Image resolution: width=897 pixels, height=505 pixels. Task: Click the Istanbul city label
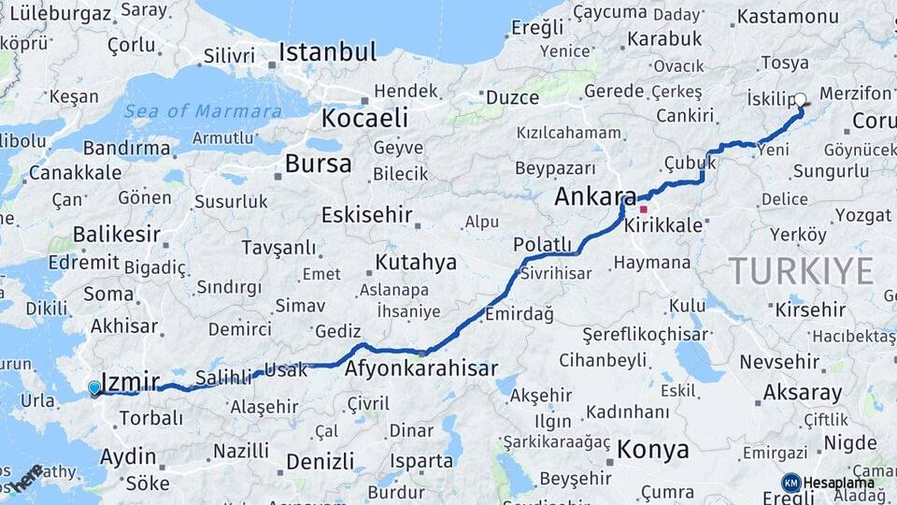pyautogui.click(x=327, y=52)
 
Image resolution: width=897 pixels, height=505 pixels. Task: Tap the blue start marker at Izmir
pyautogui.click(x=94, y=388)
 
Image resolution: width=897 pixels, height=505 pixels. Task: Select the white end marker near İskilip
pyautogui.click(x=800, y=98)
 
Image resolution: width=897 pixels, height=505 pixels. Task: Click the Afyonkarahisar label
pyautogui.click(x=420, y=369)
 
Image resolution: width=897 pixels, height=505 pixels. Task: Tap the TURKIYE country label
pyautogui.click(x=802, y=271)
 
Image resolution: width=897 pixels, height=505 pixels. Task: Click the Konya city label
pyautogui.click(x=653, y=449)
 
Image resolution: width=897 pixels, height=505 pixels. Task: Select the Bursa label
pyautogui.click(x=319, y=165)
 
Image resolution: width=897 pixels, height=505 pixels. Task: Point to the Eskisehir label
pyautogui.click(x=366, y=215)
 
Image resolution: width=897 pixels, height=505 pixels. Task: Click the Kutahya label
pyautogui.click(x=416, y=262)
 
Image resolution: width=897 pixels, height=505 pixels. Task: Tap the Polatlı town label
pyautogui.click(x=542, y=245)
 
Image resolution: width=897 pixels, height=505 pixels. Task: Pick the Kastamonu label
pyautogui.click(x=788, y=17)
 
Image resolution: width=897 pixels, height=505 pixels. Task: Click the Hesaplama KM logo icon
pyautogui.click(x=791, y=483)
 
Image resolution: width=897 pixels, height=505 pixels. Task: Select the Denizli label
pyautogui.click(x=320, y=461)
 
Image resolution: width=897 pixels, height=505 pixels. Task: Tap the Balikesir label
pyautogui.click(x=117, y=234)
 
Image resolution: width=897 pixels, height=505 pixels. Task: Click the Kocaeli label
pyautogui.click(x=364, y=118)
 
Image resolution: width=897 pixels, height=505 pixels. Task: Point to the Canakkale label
pyautogui.click(x=75, y=172)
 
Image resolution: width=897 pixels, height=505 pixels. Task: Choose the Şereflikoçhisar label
pyautogui.click(x=642, y=334)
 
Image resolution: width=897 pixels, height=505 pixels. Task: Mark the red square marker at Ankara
pyautogui.click(x=643, y=209)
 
